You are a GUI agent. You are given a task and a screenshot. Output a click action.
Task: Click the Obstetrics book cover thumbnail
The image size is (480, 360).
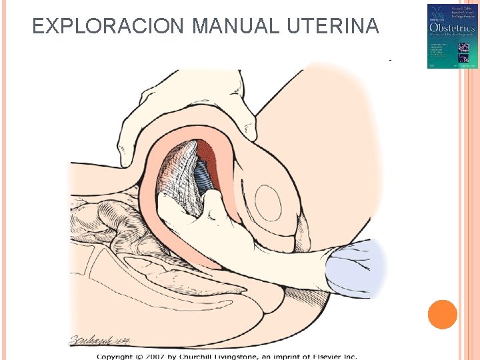tap(453, 36)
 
